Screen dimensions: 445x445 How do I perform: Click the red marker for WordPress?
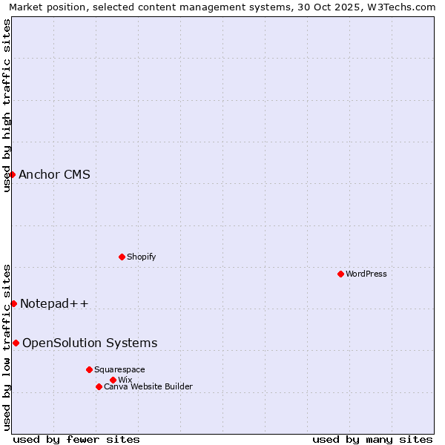tap(340, 274)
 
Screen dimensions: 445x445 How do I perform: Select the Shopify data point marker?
tap(122, 257)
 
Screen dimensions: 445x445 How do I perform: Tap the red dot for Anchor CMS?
tap(12, 174)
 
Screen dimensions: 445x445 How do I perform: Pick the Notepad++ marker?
tap(13, 303)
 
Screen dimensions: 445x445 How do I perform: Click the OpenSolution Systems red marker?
tap(16, 343)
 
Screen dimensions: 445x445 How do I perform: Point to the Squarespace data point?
tap(89, 369)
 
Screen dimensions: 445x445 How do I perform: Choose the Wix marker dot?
tap(113, 380)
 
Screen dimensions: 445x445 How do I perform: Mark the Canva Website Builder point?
tap(99, 386)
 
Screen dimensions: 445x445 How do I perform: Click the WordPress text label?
tap(366, 274)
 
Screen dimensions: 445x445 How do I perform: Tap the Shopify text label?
tap(141, 257)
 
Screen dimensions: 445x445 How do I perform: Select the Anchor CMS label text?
tap(54, 175)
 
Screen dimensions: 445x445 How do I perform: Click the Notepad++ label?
tap(54, 303)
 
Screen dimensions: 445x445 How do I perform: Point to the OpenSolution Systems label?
tap(90, 343)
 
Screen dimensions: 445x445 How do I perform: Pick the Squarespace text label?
tap(119, 369)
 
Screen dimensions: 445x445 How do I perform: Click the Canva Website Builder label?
tap(148, 386)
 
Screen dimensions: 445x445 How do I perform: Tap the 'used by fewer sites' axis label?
tap(76, 439)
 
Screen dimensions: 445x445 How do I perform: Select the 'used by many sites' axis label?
tap(372, 439)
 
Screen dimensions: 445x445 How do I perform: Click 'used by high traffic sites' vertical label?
tap(7, 105)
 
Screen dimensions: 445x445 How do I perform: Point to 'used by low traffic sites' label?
tap(7, 346)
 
